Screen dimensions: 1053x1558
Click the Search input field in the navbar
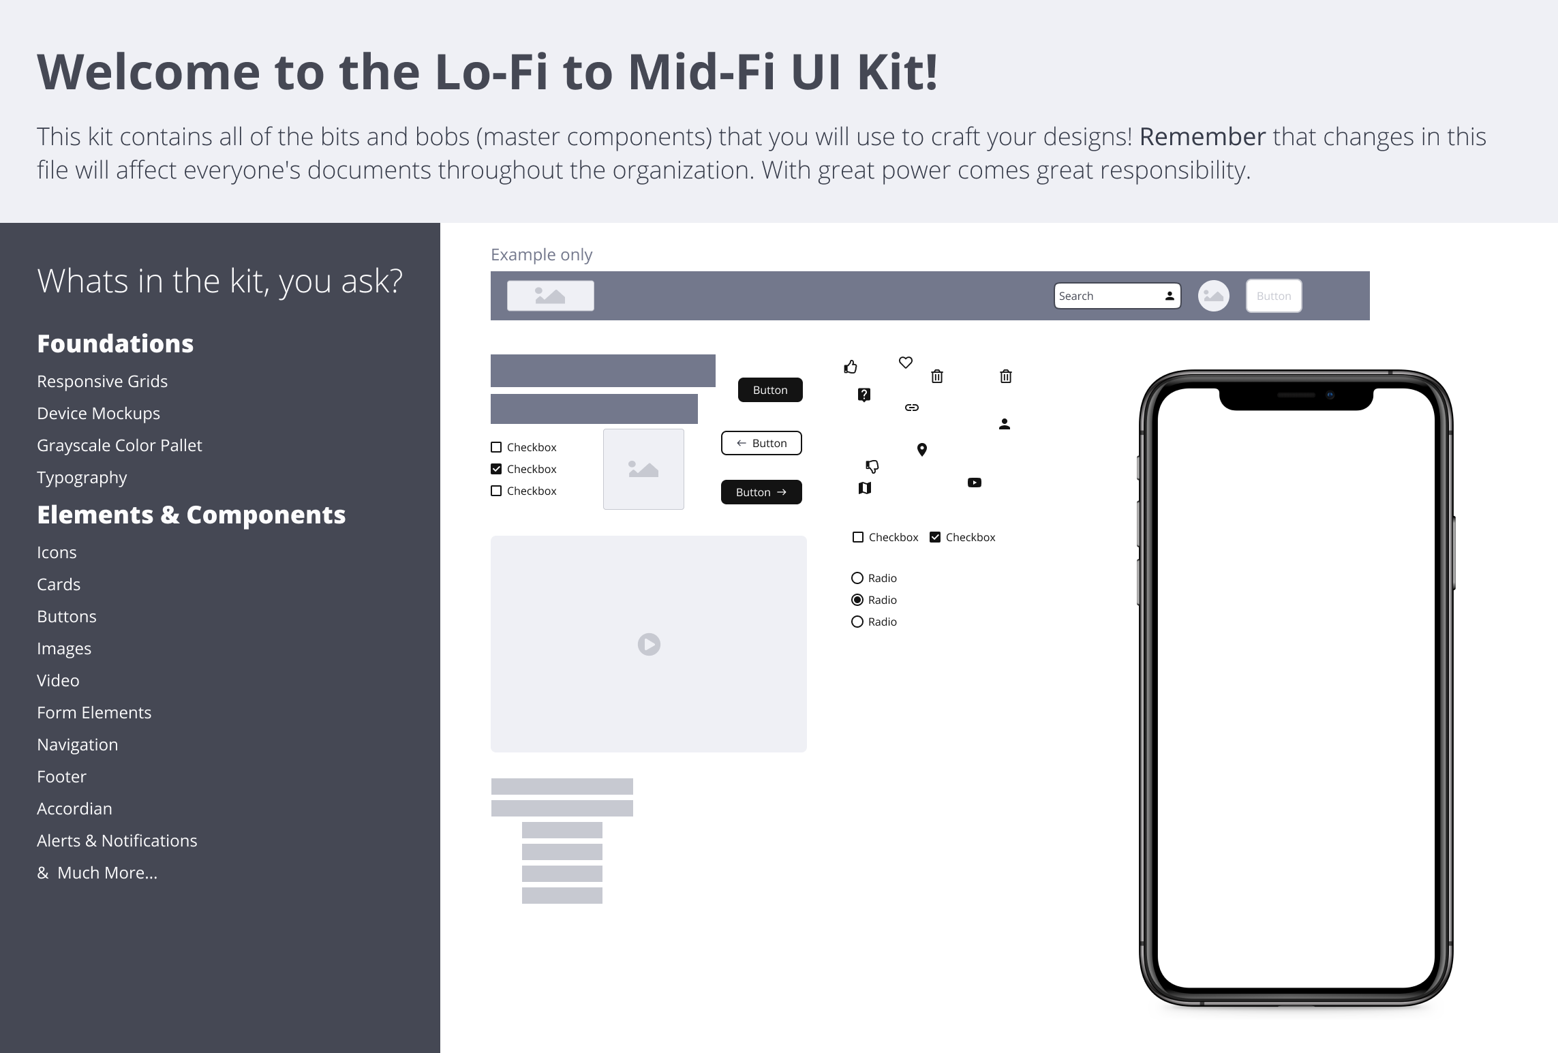coord(1108,296)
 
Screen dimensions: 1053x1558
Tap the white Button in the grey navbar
coord(1273,296)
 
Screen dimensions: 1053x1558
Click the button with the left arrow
coord(761,443)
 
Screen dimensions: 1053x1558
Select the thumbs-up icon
coord(851,367)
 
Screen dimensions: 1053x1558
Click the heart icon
coord(905,363)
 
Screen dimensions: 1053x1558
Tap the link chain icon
coord(911,408)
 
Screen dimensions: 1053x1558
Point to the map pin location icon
coord(921,449)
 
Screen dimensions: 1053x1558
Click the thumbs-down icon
coord(872,466)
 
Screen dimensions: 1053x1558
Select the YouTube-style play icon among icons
coord(974,483)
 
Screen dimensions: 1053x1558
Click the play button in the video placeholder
coord(649,644)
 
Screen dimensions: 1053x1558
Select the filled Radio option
coord(857,600)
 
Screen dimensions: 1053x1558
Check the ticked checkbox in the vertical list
coord(496,469)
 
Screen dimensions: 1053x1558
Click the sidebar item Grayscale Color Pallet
coord(119,445)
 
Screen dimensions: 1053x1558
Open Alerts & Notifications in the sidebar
coord(117,840)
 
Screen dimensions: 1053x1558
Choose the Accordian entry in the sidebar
coord(74,808)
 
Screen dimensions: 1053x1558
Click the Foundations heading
coord(115,344)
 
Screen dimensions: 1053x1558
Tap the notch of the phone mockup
coord(1296,398)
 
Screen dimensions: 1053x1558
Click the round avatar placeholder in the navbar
coord(1213,296)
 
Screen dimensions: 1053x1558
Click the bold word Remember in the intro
coord(1202,137)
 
